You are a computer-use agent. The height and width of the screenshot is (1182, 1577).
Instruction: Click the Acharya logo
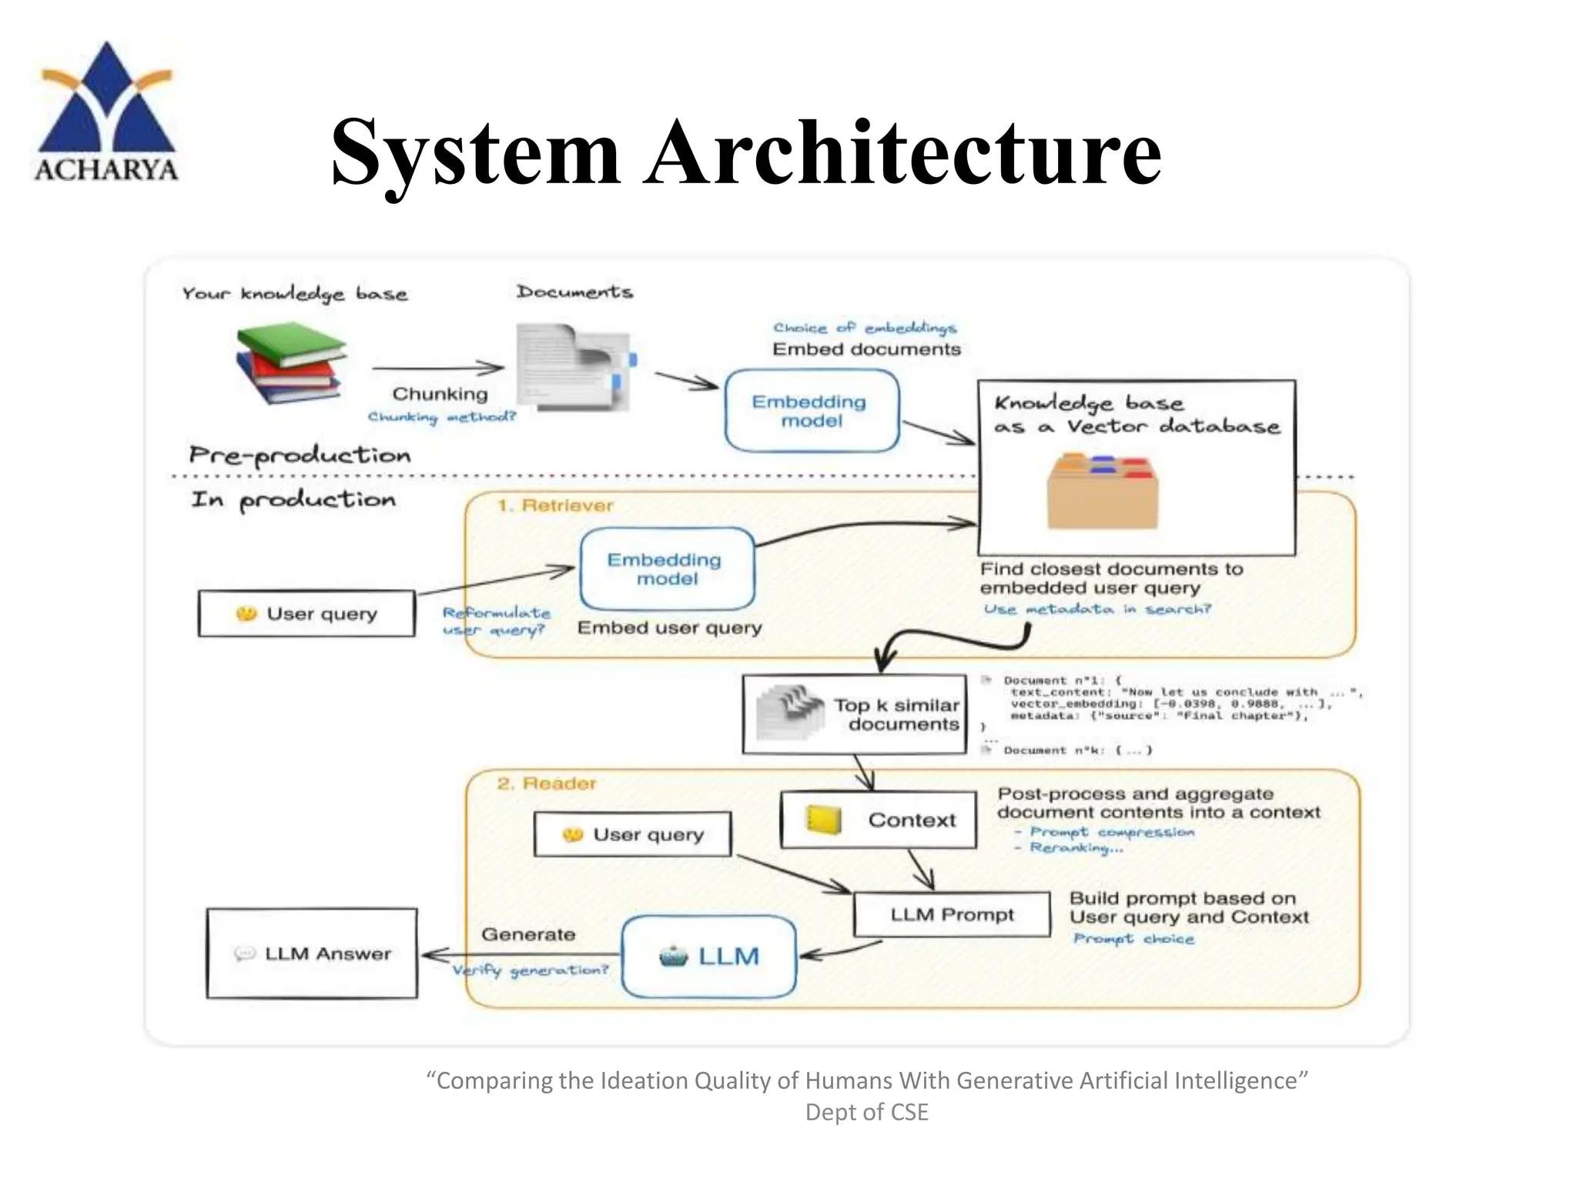(106, 112)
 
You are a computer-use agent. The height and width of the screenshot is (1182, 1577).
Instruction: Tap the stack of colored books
(290, 362)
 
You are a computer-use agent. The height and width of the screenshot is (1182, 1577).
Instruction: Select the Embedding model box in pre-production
(812, 411)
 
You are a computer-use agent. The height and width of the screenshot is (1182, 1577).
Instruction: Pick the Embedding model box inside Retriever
(666, 569)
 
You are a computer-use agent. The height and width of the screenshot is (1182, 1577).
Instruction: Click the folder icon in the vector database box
(1102, 492)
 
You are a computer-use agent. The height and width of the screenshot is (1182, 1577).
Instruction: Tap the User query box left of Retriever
(306, 613)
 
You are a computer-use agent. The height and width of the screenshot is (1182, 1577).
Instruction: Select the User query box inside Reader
(632, 834)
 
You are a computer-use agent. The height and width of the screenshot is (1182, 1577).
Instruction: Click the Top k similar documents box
(855, 715)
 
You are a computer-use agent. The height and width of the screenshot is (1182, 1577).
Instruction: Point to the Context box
(879, 820)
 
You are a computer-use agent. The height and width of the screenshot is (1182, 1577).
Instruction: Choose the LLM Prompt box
(952, 914)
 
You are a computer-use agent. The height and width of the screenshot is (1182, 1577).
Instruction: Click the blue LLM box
(708, 957)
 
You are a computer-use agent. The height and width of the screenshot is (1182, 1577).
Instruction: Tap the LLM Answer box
(312, 953)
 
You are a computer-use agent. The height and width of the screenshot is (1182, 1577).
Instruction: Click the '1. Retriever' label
(555, 506)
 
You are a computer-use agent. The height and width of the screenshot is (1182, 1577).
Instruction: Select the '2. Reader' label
(547, 783)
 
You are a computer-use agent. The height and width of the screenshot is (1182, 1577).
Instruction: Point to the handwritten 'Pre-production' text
(300, 455)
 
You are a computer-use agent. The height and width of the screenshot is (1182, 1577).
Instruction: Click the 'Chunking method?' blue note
(441, 417)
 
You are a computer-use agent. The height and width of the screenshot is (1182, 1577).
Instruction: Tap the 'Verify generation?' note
(530, 970)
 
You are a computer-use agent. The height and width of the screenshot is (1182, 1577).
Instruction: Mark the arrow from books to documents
(437, 369)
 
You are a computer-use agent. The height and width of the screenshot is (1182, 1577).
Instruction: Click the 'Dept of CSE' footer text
(866, 1112)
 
